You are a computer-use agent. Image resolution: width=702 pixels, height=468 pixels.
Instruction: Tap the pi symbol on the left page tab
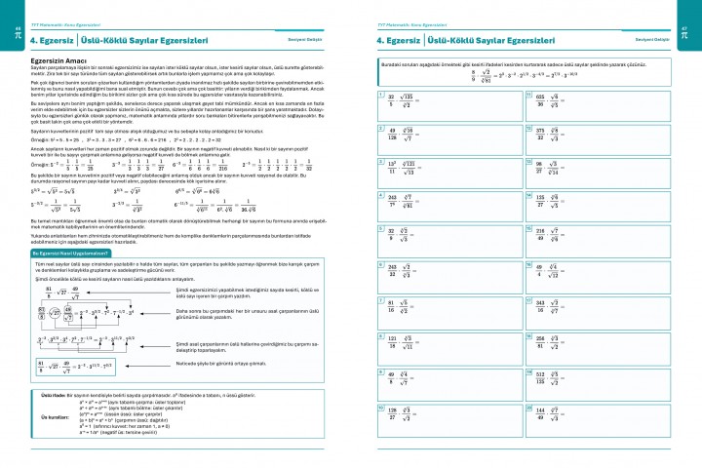[10, 32]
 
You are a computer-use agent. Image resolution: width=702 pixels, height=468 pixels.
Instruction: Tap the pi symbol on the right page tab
[691, 32]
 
